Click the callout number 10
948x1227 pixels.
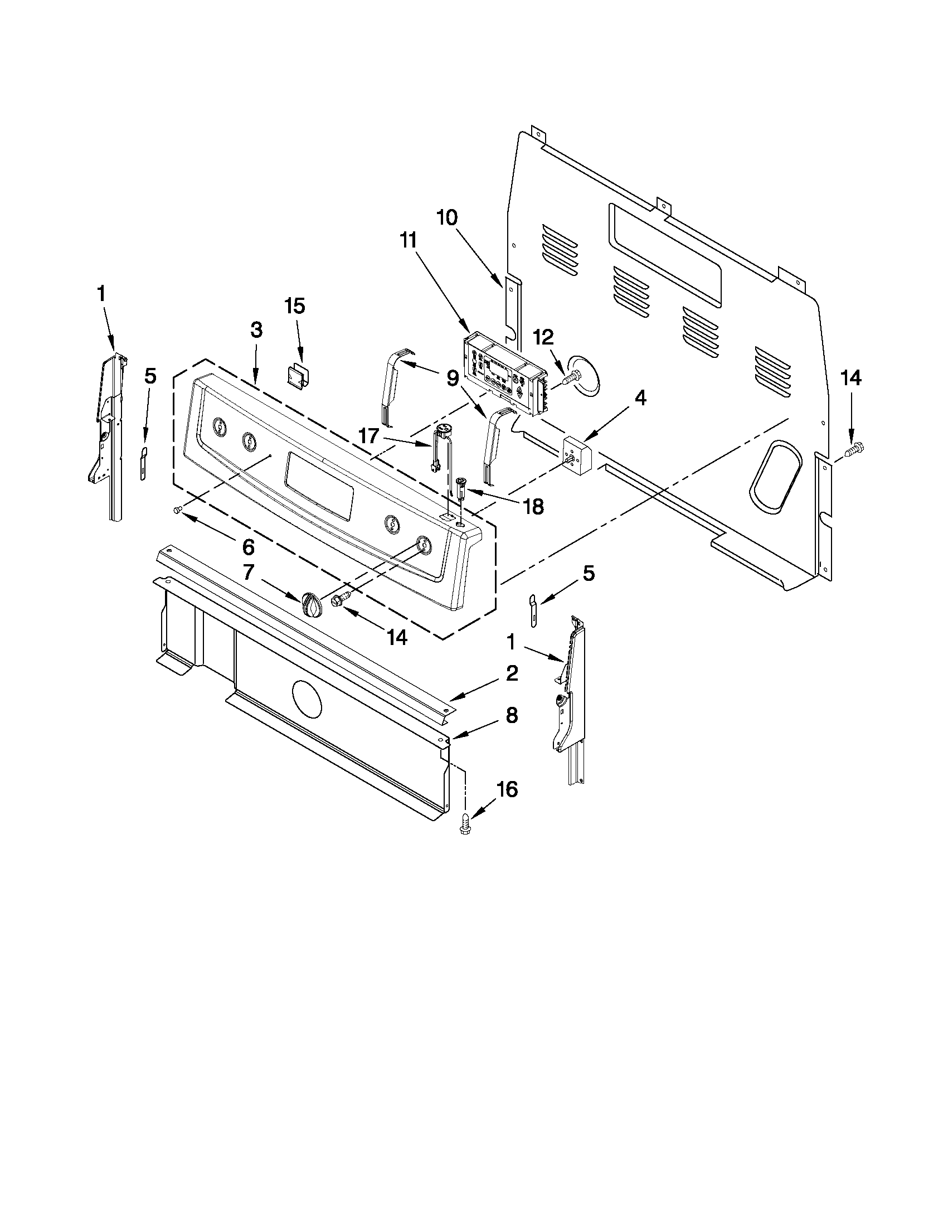click(x=447, y=217)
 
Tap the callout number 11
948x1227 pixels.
click(x=409, y=240)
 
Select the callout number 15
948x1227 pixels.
click(x=294, y=306)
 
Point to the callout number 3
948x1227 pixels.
click(x=256, y=330)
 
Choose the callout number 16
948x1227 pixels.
click(x=506, y=789)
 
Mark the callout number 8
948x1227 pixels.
click(x=511, y=715)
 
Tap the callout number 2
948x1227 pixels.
click(x=511, y=673)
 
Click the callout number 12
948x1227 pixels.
click(x=543, y=337)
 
